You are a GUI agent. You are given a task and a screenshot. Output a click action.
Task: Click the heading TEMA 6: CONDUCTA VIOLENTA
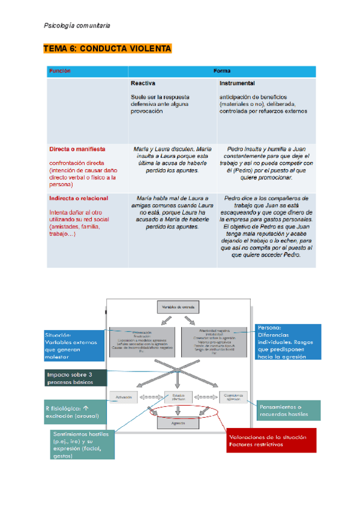tap(107, 49)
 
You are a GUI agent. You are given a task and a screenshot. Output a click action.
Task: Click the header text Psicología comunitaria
tap(77, 25)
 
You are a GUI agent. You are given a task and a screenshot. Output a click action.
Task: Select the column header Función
tap(60, 71)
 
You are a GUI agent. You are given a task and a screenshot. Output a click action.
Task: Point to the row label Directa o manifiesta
tap(77, 148)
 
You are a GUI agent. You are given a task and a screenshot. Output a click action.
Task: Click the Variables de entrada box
tap(178, 307)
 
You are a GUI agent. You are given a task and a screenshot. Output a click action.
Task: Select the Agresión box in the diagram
tap(178, 423)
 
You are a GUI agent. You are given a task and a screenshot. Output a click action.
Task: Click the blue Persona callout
tap(287, 342)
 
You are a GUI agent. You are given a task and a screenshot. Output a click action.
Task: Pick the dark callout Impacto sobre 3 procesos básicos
tap(76, 378)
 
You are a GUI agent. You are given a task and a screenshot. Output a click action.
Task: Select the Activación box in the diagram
tap(124, 397)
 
